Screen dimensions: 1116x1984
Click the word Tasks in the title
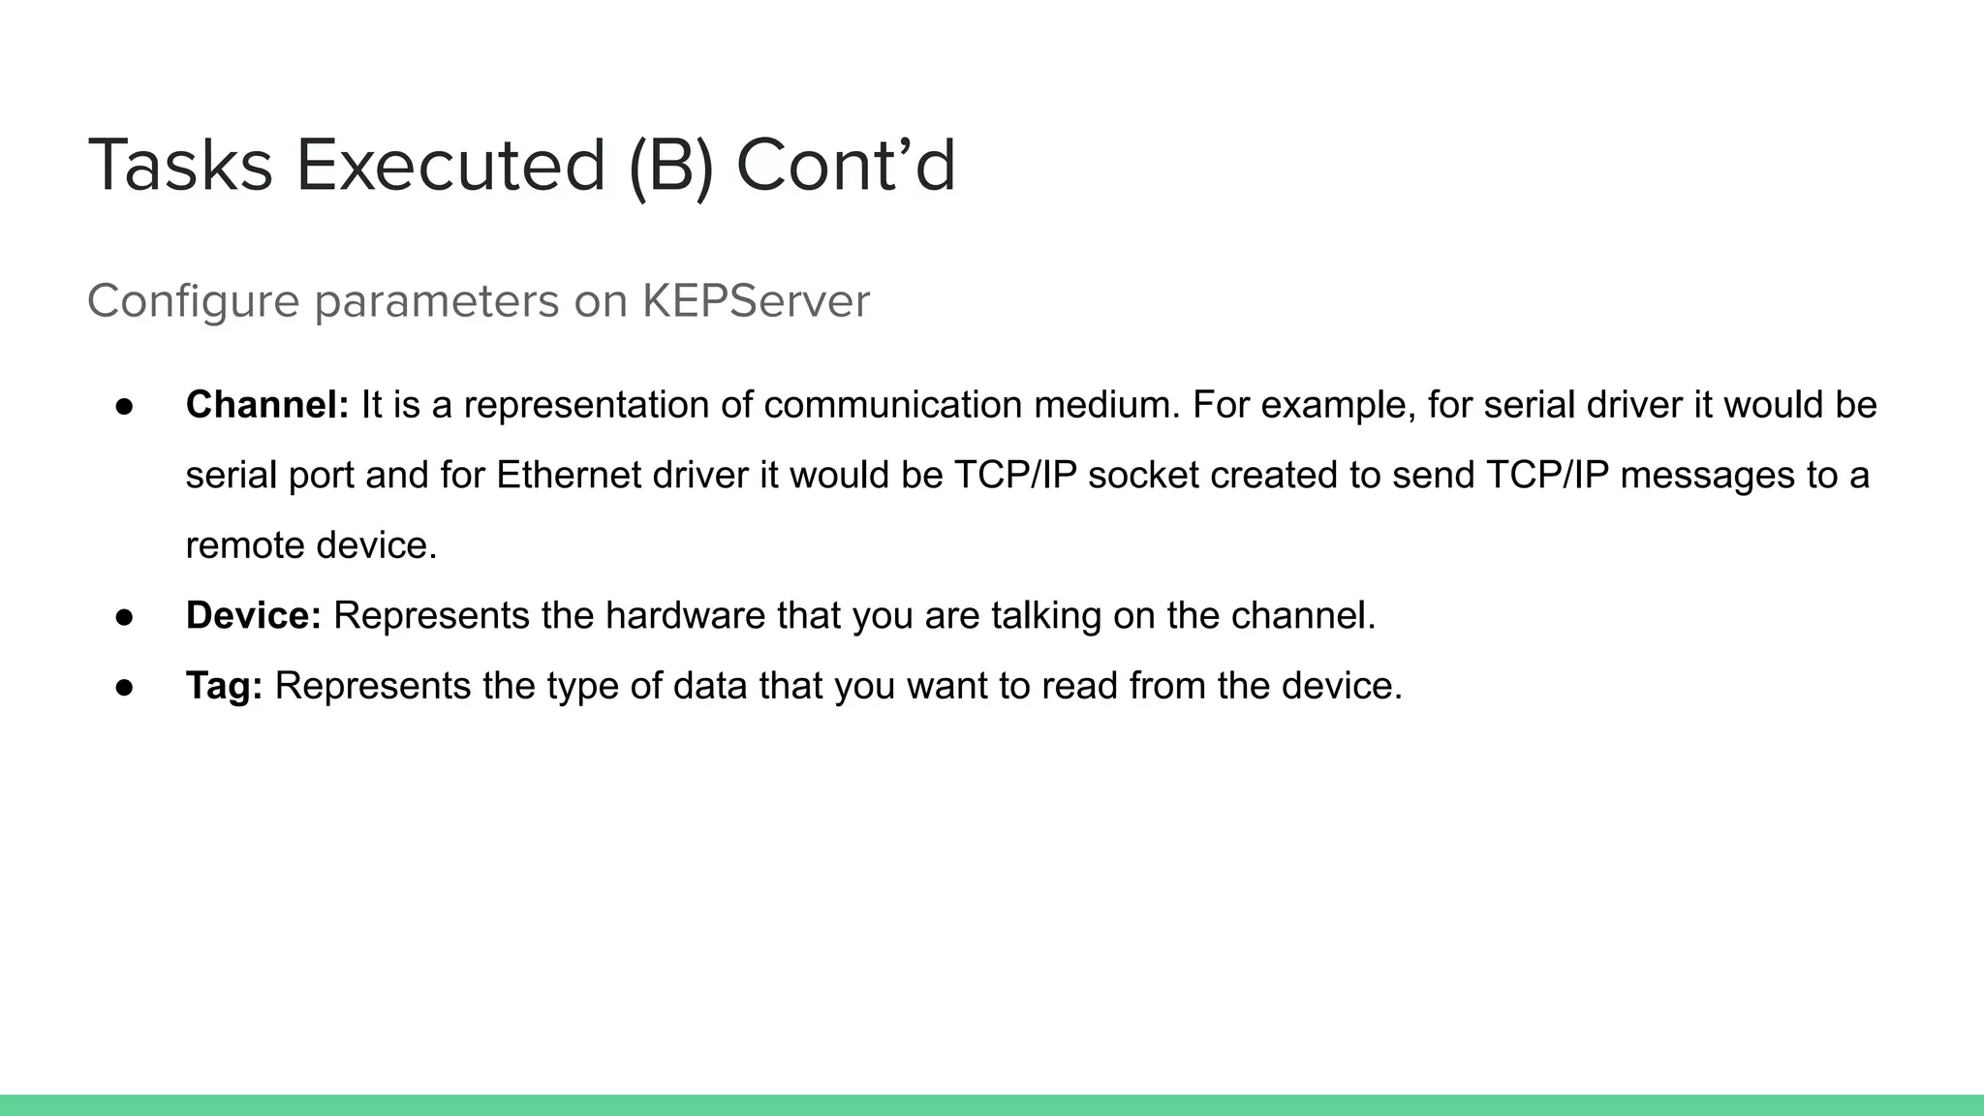click(180, 166)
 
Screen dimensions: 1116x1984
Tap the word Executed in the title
click(450, 166)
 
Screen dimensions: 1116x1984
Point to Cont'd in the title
click(846, 166)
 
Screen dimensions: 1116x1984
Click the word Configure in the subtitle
click(193, 301)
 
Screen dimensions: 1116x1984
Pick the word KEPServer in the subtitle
click(756, 301)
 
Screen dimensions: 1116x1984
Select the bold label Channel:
click(267, 405)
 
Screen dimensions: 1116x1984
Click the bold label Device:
click(253, 615)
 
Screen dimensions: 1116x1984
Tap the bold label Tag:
click(224, 686)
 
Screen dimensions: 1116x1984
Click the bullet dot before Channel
click(124, 406)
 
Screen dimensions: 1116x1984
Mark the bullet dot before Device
click(124, 616)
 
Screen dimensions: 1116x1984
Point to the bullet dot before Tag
click(124, 687)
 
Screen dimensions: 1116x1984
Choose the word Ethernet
click(569, 476)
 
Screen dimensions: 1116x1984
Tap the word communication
click(892, 405)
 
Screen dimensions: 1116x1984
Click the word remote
click(245, 545)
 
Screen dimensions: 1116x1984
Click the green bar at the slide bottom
click(992, 1105)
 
